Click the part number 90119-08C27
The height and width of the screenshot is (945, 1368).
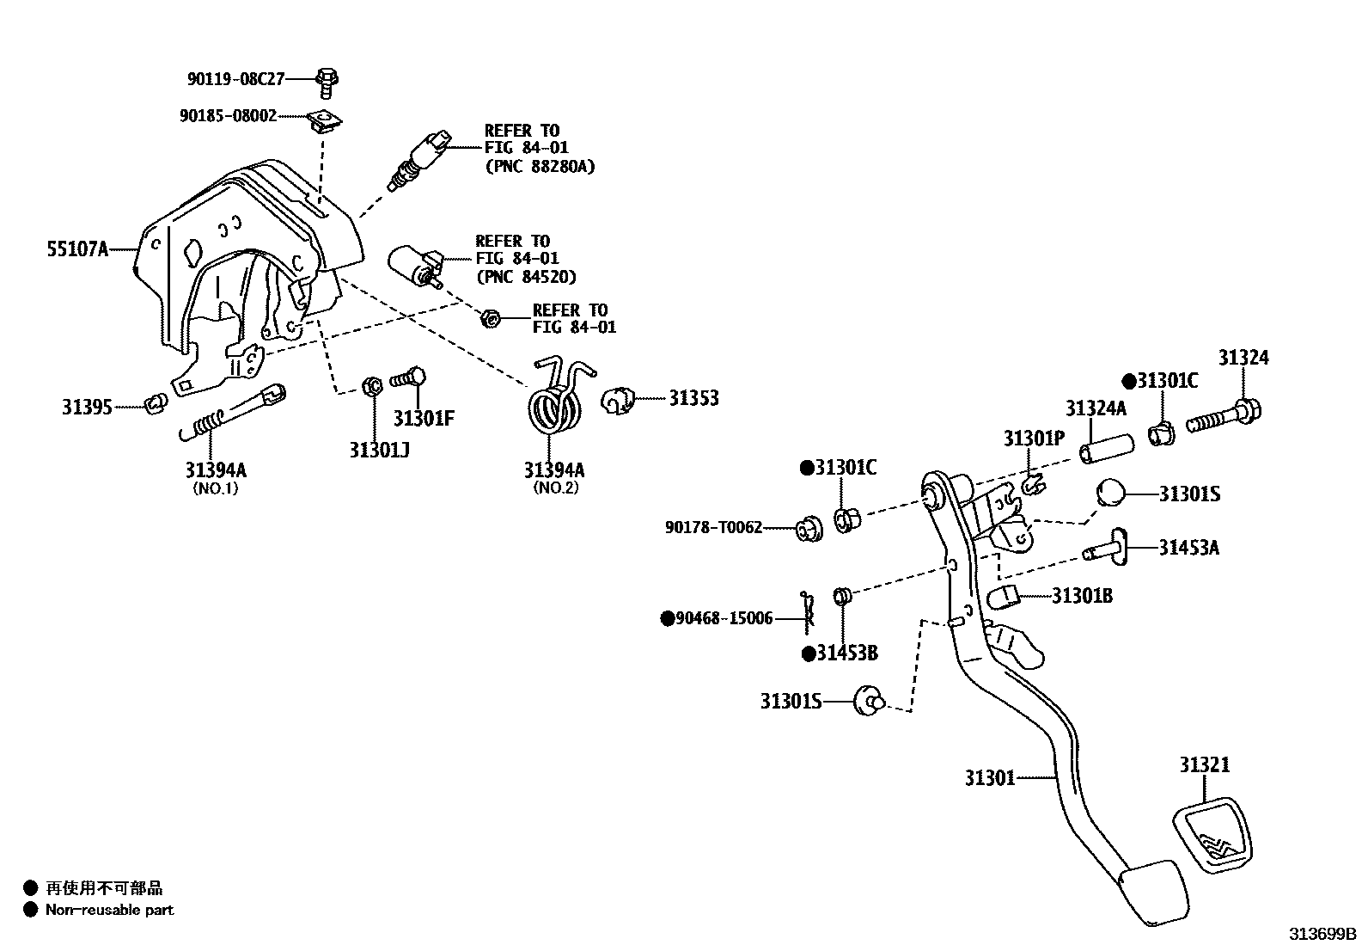[x=235, y=79]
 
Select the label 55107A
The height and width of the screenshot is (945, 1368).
[x=77, y=250]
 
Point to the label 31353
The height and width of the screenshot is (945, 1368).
[x=693, y=398]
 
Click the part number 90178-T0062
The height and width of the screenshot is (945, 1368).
[x=713, y=527]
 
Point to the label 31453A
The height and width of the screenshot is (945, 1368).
[x=1188, y=548]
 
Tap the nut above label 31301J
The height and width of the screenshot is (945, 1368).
[x=373, y=386]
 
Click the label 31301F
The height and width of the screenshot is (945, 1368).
[x=423, y=419]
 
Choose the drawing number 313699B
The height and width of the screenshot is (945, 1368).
[x=1321, y=933]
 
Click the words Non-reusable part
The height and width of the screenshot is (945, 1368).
[x=109, y=909]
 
